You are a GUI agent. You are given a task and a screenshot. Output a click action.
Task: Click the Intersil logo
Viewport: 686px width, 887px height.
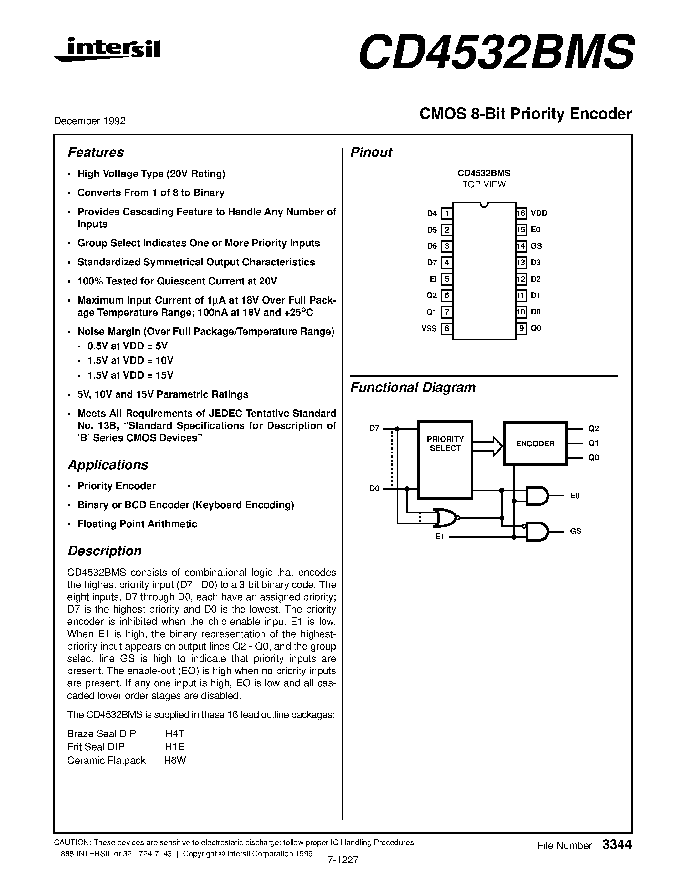point(108,50)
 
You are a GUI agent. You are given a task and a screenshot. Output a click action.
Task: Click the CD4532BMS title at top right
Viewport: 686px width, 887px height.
point(496,52)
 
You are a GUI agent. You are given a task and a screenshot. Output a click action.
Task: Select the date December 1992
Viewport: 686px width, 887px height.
point(90,121)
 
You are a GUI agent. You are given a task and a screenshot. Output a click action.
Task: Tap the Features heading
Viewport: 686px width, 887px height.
point(96,152)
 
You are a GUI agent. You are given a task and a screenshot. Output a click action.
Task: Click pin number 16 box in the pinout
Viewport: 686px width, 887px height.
point(521,213)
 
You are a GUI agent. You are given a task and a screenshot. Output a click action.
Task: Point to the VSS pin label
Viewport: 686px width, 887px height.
point(429,328)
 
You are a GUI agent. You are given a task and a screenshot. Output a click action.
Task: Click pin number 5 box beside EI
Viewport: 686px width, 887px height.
point(447,279)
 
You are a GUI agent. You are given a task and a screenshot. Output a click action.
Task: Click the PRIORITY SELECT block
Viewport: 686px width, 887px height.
point(445,459)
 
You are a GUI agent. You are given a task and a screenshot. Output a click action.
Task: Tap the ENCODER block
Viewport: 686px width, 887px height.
point(535,443)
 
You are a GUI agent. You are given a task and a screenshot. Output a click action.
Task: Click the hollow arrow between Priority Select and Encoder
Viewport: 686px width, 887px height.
point(488,446)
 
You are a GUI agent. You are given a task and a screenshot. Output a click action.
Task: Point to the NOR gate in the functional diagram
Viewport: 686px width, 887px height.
point(445,518)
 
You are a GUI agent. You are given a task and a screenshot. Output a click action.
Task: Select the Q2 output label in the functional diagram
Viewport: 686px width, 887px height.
point(593,428)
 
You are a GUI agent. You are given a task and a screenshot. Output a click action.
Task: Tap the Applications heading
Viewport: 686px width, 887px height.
point(108,464)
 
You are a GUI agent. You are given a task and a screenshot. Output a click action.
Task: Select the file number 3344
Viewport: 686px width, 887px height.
point(617,845)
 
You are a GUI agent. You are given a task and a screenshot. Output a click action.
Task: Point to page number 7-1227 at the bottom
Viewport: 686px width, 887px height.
point(342,860)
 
